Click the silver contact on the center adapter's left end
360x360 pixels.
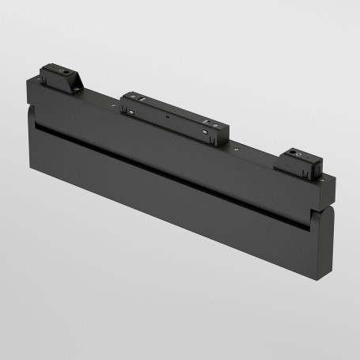point(127,112)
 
